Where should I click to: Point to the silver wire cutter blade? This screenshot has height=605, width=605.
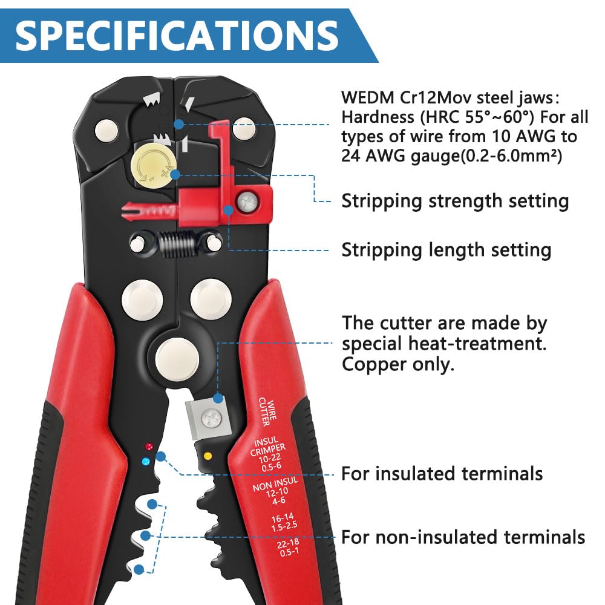pyautogui.click(x=209, y=417)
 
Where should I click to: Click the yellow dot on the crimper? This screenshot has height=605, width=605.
pyautogui.click(x=208, y=456)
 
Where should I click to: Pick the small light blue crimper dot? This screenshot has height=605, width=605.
pyautogui.click(x=145, y=462)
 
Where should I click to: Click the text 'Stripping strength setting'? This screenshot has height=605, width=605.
pyautogui.click(x=455, y=201)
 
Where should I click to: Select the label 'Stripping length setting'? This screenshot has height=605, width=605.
pyautogui.click(x=446, y=250)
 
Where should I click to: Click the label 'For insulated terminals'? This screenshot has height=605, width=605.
pyautogui.click(x=442, y=473)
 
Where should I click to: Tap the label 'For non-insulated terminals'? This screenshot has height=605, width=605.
pyautogui.click(x=463, y=537)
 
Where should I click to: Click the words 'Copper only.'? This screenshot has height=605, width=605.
pyautogui.click(x=398, y=365)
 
